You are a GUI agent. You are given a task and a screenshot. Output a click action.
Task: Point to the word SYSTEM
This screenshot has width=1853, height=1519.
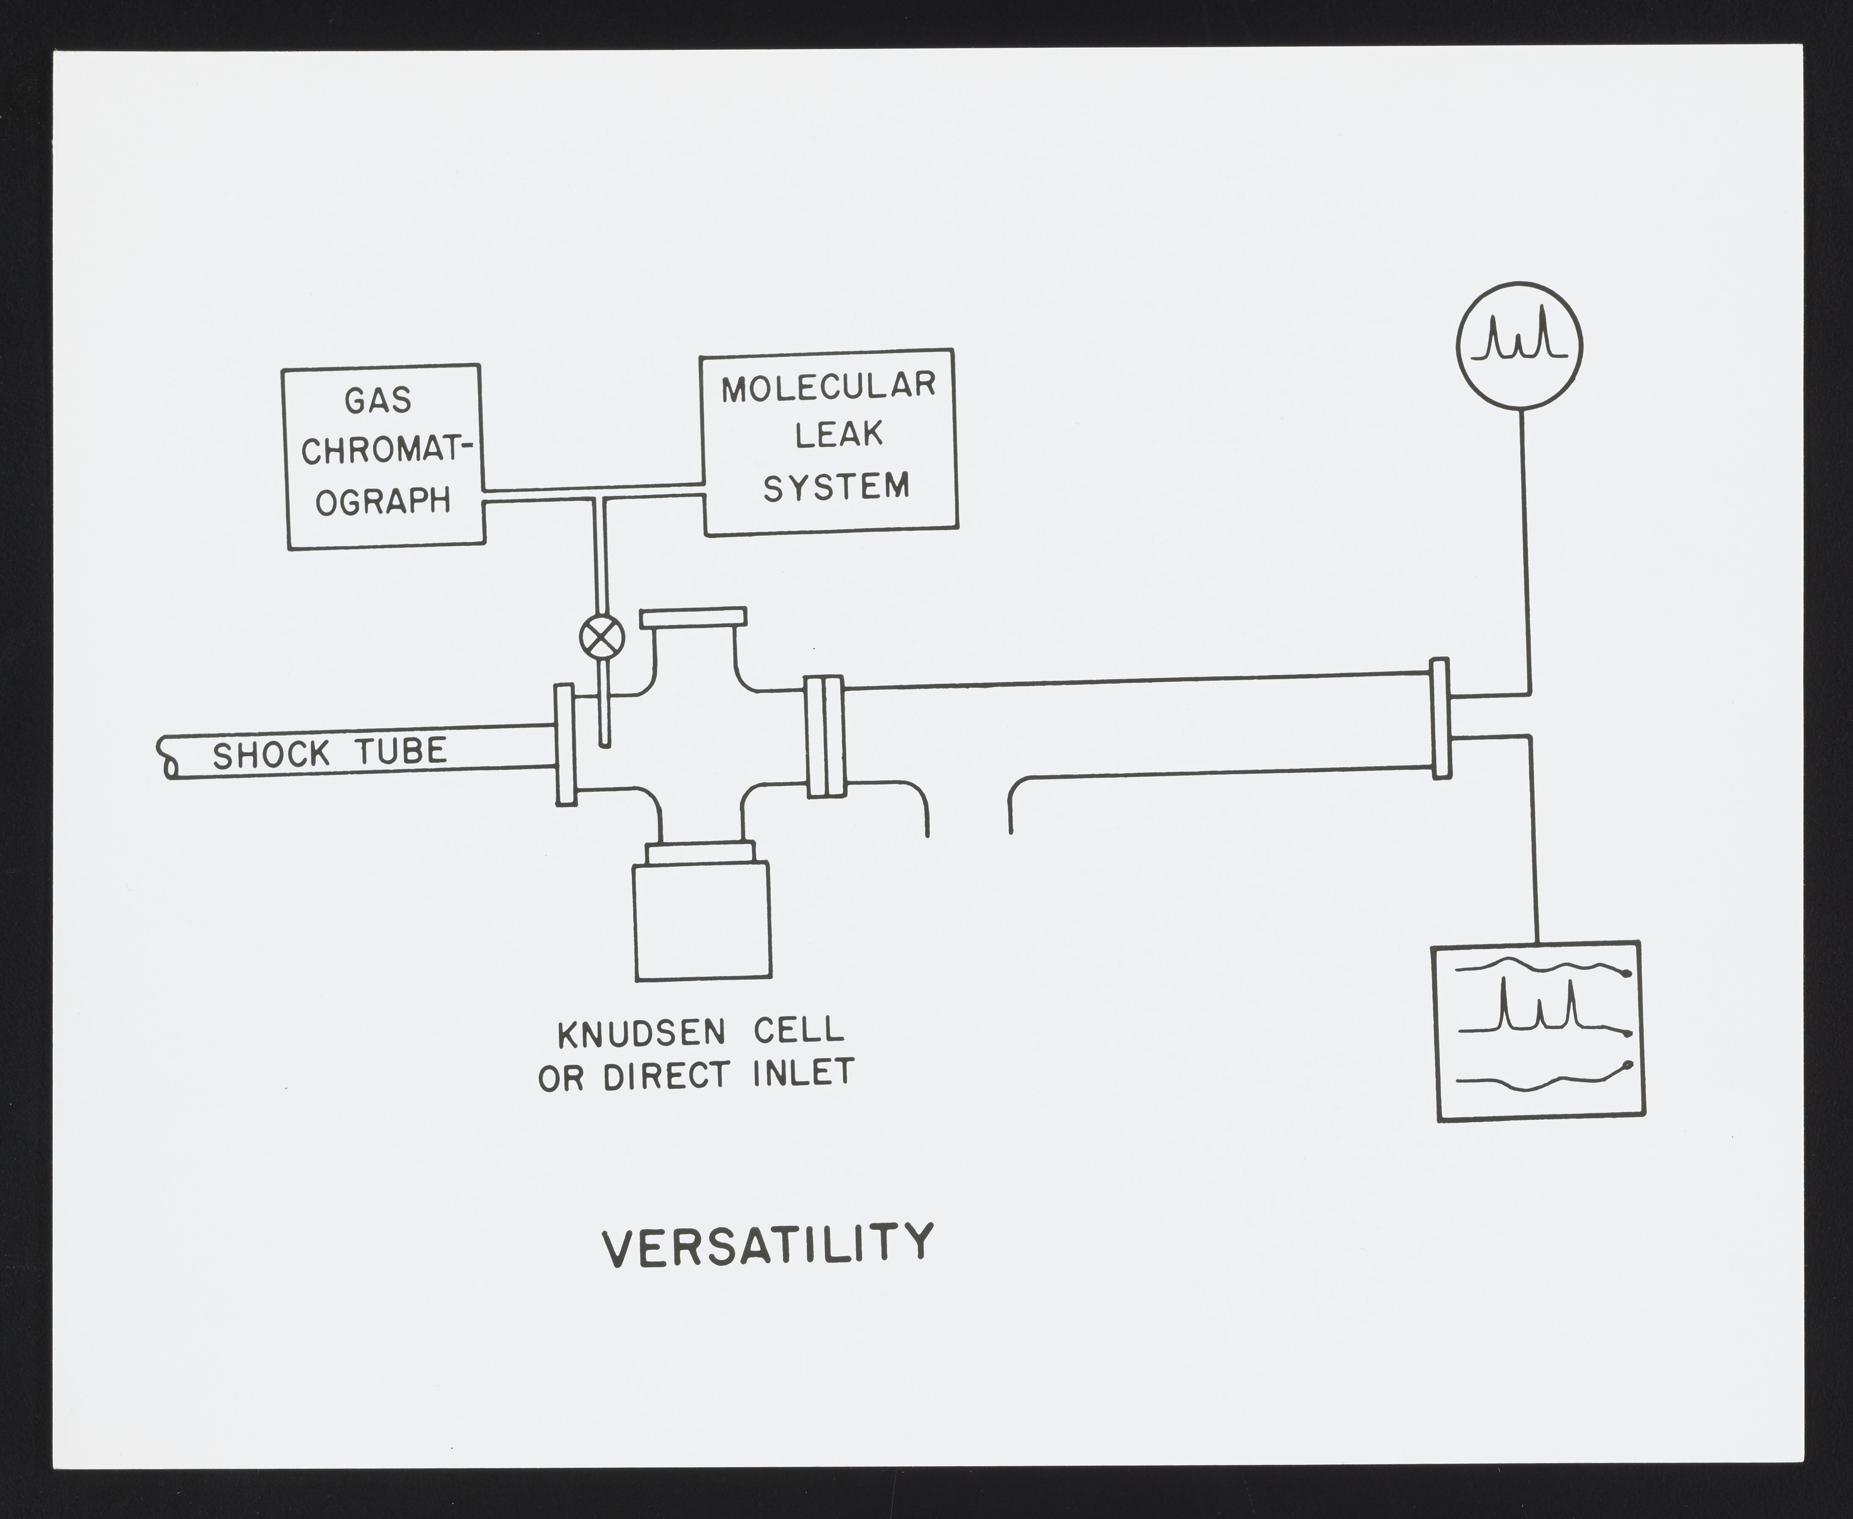[836, 486]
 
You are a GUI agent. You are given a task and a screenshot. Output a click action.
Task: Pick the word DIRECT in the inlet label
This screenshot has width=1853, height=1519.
[666, 1077]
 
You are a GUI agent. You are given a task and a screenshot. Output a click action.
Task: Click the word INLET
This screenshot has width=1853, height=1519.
[803, 1074]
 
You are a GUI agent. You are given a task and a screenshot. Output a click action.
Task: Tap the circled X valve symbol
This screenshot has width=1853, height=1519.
[602, 636]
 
